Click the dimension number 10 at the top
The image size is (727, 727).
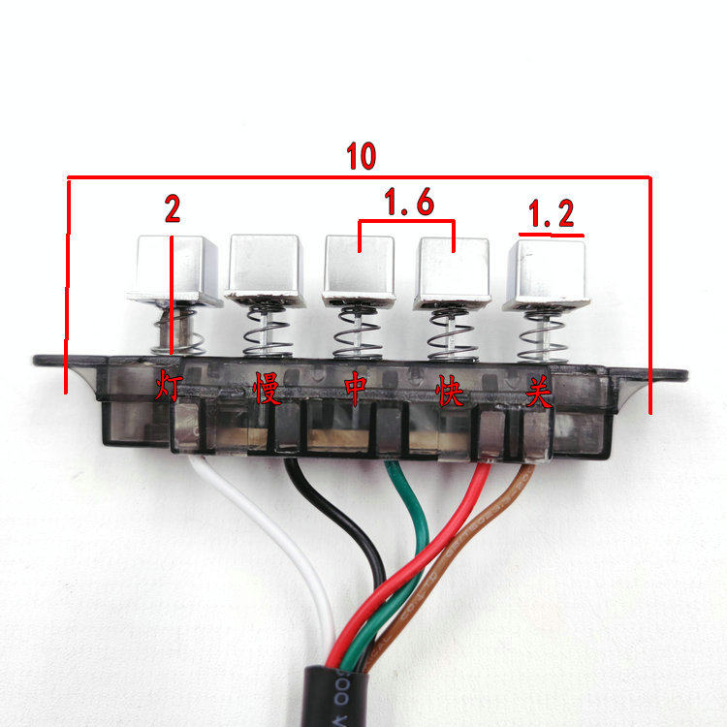361,157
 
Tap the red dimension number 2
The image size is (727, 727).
172,208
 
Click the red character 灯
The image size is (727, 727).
169,389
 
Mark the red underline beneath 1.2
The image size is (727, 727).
551,235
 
